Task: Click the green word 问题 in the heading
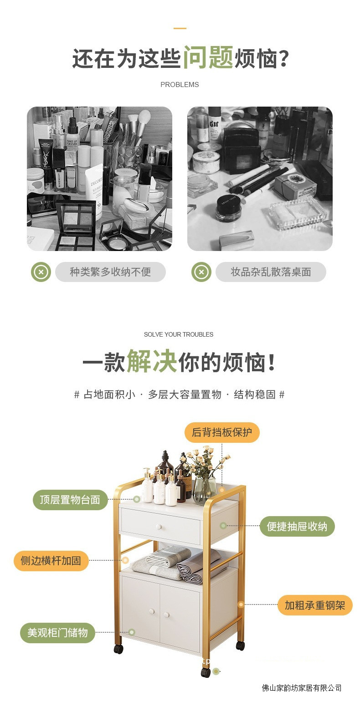[x=208, y=57]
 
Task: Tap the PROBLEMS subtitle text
[x=180, y=85]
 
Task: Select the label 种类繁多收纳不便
[x=110, y=272]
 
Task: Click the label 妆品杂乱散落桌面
[x=271, y=272]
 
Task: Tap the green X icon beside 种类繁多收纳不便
[x=41, y=272]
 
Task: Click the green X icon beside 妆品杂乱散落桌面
[x=201, y=272]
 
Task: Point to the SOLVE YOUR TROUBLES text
[x=179, y=334]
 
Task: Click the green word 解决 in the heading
[x=152, y=361]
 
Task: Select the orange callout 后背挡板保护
[x=222, y=432]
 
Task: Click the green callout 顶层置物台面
[x=70, y=500]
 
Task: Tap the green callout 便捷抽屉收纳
[x=297, y=526]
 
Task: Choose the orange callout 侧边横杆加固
[x=51, y=560]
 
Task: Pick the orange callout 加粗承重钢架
[x=315, y=605]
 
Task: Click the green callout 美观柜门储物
[x=57, y=633]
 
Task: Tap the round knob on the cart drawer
[x=159, y=527]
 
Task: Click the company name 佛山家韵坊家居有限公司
[x=302, y=688]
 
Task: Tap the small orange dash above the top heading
[x=180, y=28]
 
